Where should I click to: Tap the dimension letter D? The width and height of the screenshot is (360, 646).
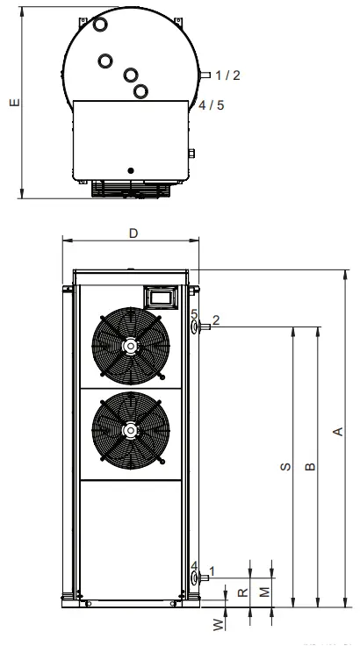coord(133,233)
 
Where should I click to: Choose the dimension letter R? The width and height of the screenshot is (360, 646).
coord(242,593)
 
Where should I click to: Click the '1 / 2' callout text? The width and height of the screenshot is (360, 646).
coord(226,75)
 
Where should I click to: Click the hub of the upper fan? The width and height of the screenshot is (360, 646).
coord(130,346)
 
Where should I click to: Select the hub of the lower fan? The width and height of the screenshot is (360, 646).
coord(130,430)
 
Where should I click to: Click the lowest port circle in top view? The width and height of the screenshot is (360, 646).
coord(140,90)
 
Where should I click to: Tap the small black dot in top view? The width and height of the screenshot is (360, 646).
coord(130,169)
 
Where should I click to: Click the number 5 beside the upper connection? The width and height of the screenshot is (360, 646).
coord(194,313)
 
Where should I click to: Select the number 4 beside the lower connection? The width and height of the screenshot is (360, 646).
coord(194,565)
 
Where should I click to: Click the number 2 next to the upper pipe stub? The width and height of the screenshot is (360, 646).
coord(214,320)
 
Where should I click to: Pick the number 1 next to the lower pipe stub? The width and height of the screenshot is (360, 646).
coord(212,572)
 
